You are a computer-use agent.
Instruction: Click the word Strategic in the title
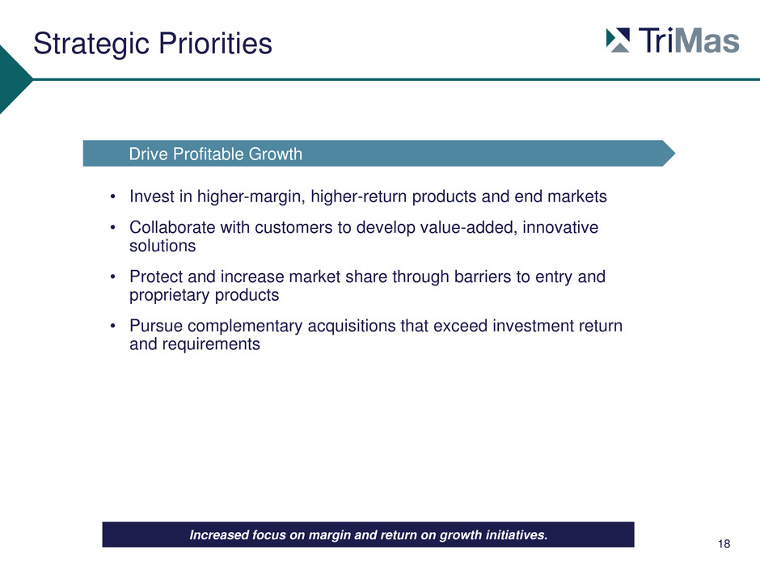pyautogui.click(x=91, y=44)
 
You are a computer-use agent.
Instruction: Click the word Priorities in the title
pyautogui.click(x=216, y=43)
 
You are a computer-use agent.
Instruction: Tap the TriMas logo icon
pyautogui.click(x=618, y=40)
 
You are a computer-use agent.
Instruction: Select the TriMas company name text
pyautogui.click(x=689, y=40)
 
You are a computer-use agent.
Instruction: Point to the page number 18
pyautogui.click(x=724, y=544)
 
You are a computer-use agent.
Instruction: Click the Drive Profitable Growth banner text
pyautogui.click(x=216, y=154)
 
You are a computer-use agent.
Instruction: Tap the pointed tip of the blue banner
pyautogui.click(x=675, y=154)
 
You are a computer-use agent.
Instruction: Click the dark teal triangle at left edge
pyautogui.click(x=14, y=79)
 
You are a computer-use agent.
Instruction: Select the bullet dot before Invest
pyautogui.click(x=112, y=196)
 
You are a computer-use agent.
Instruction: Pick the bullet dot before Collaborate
pyautogui.click(x=112, y=227)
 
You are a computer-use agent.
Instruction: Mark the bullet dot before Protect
pyautogui.click(x=112, y=277)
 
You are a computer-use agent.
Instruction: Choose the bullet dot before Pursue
pyautogui.click(x=112, y=326)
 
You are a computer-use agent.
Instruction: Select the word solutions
pyautogui.click(x=163, y=246)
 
